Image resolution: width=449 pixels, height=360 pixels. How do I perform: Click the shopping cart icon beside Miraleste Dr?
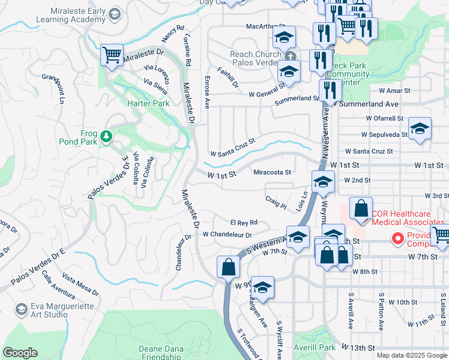pyautogui.click(x=112, y=55)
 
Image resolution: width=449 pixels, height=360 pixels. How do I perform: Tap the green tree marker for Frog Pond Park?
pyautogui.click(x=106, y=136)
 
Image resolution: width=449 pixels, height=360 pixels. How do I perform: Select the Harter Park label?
pyautogui.click(x=148, y=103)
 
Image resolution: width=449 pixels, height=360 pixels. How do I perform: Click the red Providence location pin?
pyautogui.click(x=396, y=239)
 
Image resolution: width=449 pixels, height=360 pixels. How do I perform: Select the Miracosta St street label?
pyautogui.click(x=272, y=172)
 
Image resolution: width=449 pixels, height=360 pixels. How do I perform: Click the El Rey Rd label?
pyautogui.click(x=244, y=222)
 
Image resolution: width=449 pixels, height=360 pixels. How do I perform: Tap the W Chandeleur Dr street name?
pyautogui.click(x=227, y=235)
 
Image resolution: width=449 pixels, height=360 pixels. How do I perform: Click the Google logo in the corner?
pyautogui.click(x=20, y=353)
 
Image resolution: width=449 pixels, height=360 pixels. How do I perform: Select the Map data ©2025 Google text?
pyautogui.click(x=412, y=355)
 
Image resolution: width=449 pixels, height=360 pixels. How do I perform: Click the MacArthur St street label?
pyautogui.click(x=265, y=26)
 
